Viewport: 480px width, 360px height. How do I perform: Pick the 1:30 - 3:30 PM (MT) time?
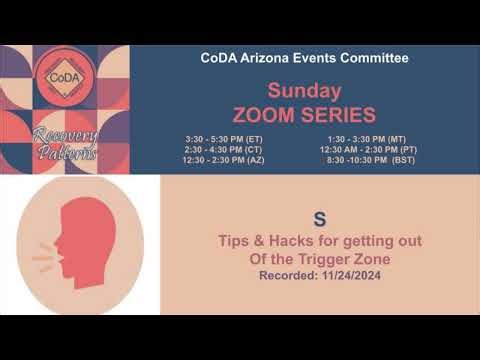click(365, 138)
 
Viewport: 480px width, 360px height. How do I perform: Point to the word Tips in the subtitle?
click(236, 241)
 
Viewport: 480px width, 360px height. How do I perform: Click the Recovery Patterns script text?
click(65, 143)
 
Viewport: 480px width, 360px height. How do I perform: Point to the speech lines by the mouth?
click(43, 261)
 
